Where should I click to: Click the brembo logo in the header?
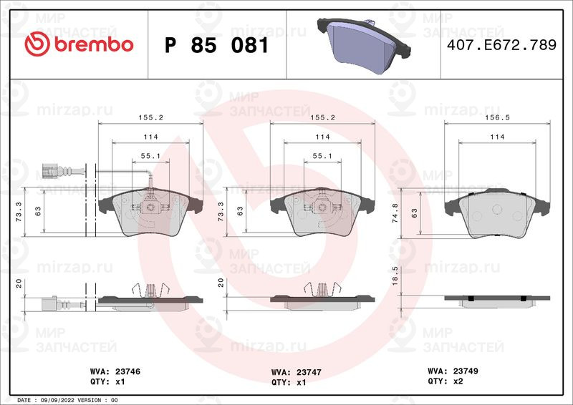pyautogui.click(x=79, y=44)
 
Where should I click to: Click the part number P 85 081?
pyautogui.click(x=217, y=45)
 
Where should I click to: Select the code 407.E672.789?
pyautogui.click(x=502, y=45)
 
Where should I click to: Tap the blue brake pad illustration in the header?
pyautogui.click(x=364, y=47)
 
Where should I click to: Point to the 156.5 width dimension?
pyautogui.click(x=497, y=117)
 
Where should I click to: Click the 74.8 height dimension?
pyautogui.click(x=395, y=213)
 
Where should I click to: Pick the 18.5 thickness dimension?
pyautogui.click(x=395, y=275)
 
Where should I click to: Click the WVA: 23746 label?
pyautogui.click(x=115, y=371)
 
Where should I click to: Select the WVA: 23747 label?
pyautogui.click(x=297, y=372)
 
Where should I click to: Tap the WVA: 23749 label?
pyautogui.click(x=453, y=371)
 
